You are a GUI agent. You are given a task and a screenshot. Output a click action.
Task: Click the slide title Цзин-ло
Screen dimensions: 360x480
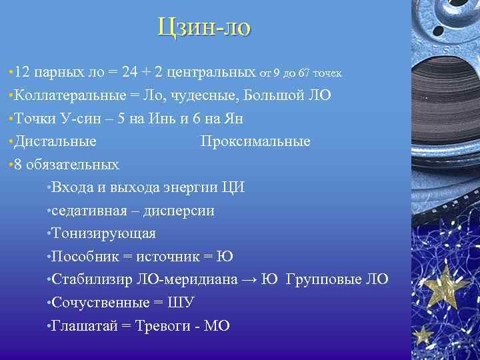(x=205, y=27)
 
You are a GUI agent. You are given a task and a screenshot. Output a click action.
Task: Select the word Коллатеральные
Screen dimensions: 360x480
(x=67, y=95)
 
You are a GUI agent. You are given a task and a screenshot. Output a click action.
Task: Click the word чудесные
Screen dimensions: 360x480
(x=205, y=95)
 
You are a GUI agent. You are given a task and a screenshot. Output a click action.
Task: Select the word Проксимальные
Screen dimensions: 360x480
(x=255, y=141)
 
